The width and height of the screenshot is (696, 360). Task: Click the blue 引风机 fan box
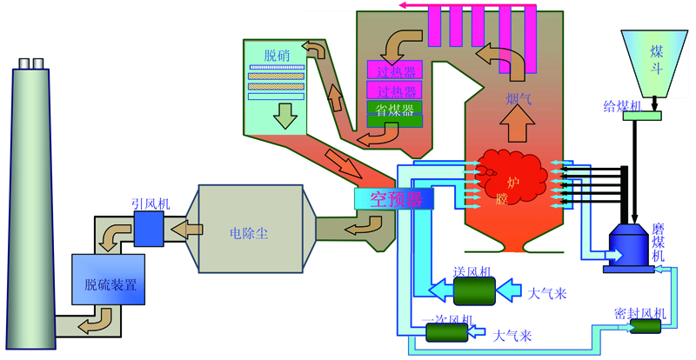[x=149, y=229]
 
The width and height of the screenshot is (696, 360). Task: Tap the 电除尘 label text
[x=249, y=232]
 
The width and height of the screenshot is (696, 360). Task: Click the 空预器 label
[x=396, y=198]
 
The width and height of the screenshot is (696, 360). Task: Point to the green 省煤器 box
[x=395, y=109]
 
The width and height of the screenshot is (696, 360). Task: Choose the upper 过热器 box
[x=395, y=70]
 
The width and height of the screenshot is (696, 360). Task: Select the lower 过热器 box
[x=395, y=90]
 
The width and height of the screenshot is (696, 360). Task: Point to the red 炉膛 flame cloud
[x=513, y=178]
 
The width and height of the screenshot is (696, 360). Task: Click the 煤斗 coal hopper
[x=659, y=61]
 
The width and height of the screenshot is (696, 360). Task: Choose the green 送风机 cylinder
[x=473, y=289]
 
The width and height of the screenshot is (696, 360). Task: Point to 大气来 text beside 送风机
[x=547, y=293]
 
